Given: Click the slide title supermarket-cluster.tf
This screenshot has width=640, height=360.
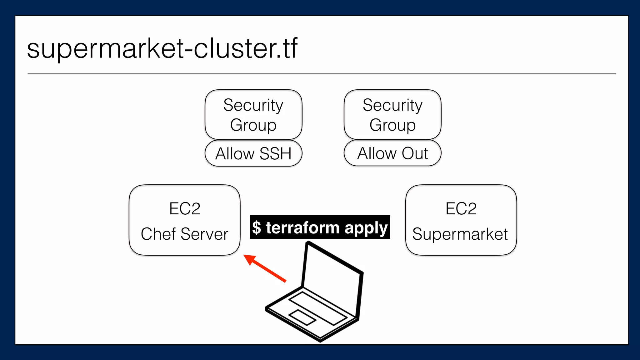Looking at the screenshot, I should click(162, 48).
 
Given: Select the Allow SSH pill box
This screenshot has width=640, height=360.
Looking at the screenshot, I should click(253, 153).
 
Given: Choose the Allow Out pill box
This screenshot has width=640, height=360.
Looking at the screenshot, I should click(392, 153).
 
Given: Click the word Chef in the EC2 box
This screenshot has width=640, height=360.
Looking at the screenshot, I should click(158, 234).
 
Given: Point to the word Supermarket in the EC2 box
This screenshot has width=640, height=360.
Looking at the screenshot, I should click(460, 234).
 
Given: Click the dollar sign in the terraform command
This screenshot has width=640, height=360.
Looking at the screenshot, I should click(257, 227).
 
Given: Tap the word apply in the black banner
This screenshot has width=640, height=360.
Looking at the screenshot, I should click(366, 228).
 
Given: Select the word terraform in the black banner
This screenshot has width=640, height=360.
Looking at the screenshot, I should click(302, 227).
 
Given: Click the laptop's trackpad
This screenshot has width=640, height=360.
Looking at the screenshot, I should click(302, 317).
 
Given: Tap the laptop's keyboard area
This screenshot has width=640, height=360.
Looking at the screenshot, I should click(317, 308).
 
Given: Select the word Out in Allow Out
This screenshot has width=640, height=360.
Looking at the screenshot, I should click(415, 153).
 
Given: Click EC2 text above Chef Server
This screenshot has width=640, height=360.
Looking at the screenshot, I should click(185, 209).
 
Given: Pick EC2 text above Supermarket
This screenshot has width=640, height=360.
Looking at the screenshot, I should click(461, 209).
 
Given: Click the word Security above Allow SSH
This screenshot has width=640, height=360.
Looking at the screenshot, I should click(253, 105).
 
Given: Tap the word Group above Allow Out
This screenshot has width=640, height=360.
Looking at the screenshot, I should click(392, 125).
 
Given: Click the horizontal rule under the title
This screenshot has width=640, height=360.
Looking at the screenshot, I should click(321, 74).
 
